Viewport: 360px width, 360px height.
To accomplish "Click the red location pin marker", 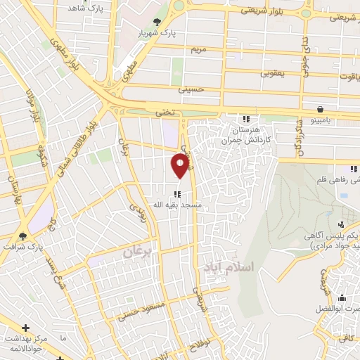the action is click(x=180, y=165).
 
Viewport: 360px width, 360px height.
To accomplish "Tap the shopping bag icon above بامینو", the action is click(x=321, y=109).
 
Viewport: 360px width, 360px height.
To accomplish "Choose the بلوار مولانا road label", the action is click(x=30, y=105).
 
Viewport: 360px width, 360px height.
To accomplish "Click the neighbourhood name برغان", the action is click(x=138, y=252).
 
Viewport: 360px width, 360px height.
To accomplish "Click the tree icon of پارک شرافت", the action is click(x=23, y=236).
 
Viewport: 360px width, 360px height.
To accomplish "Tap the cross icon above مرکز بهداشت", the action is click(x=26, y=328).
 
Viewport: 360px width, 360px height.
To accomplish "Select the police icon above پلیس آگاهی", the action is click(x=342, y=224).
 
